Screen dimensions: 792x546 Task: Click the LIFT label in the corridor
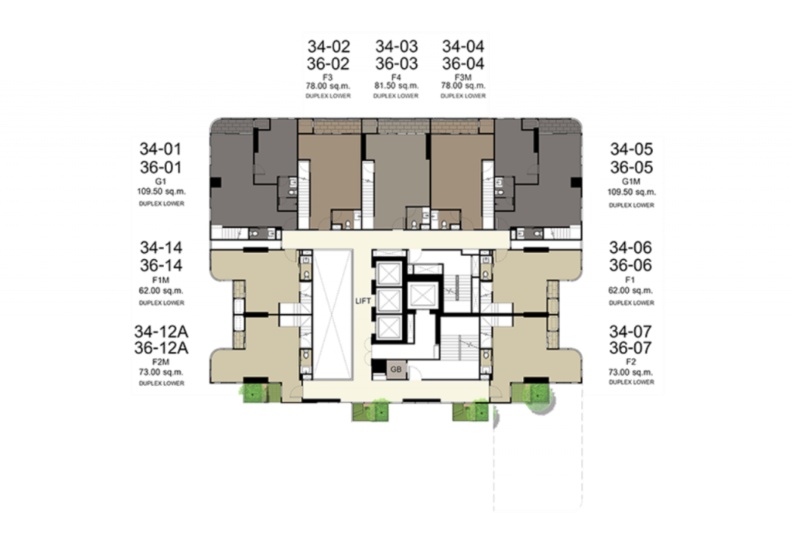(x=364, y=301)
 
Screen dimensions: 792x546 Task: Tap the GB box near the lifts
(x=396, y=369)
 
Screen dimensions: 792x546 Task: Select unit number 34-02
(x=328, y=46)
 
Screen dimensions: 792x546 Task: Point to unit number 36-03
(x=397, y=64)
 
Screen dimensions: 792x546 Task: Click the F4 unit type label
(x=396, y=77)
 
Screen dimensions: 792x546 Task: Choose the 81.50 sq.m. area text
(x=397, y=86)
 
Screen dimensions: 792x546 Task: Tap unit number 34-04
(x=463, y=46)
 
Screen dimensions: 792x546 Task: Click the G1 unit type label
(x=161, y=181)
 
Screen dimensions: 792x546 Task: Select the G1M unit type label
(x=631, y=181)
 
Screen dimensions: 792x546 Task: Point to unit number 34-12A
(x=161, y=332)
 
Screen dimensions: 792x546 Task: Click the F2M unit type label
(x=161, y=362)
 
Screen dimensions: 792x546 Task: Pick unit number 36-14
(x=161, y=265)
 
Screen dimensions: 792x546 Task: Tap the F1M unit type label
(x=161, y=280)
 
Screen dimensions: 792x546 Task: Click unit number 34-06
(x=630, y=247)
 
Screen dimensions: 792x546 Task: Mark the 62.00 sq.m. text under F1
(x=630, y=291)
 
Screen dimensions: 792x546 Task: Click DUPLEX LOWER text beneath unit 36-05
(x=631, y=205)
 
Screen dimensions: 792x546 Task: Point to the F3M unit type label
(x=463, y=77)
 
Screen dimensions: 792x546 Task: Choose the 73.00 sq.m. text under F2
(x=630, y=372)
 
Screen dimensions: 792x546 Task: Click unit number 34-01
(x=161, y=149)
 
